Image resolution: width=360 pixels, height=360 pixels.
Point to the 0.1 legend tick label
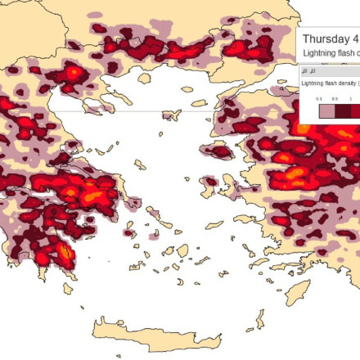pyautogui.click(x=320, y=98)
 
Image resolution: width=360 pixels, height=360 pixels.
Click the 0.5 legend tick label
pyautogui.click(x=335, y=98)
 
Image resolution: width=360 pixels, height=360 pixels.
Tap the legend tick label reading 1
pyautogui.click(x=351, y=98)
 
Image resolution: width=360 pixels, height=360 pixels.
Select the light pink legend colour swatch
pyautogui.click(x=326, y=110)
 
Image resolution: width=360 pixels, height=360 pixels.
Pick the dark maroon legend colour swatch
pyautogui.click(x=343, y=110)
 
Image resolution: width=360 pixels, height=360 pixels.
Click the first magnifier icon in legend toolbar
pyautogui.click(x=305, y=71)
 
